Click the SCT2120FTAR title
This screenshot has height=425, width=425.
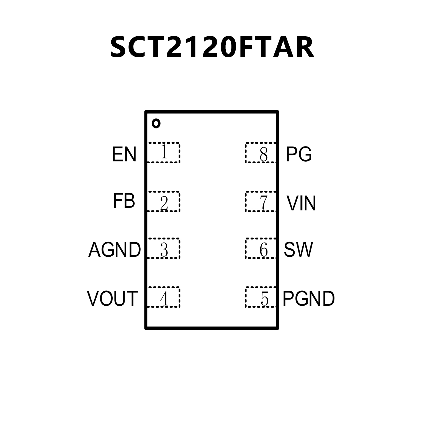click(212, 47)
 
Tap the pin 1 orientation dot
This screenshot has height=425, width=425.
click(156, 123)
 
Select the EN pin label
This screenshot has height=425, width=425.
click(124, 154)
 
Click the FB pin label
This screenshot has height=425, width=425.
click(124, 201)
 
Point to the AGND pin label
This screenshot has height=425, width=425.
click(114, 250)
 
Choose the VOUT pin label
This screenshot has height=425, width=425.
click(112, 298)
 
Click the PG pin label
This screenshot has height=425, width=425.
click(299, 154)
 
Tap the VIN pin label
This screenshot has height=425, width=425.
click(301, 203)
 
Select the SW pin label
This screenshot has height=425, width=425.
click(298, 250)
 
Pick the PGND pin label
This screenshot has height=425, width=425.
click(308, 298)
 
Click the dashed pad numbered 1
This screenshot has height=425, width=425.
click(164, 153)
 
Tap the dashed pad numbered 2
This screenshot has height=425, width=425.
click(164, 201)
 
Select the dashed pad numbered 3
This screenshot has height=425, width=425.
click(164, 248)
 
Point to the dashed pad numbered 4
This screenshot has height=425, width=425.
click(164, 297)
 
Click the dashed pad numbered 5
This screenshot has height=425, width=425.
click(261, 297)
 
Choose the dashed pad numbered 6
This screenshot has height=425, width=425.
click(261, 248)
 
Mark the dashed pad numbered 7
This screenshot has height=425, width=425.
click(261, 201)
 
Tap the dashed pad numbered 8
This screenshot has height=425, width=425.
click(261, 153)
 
